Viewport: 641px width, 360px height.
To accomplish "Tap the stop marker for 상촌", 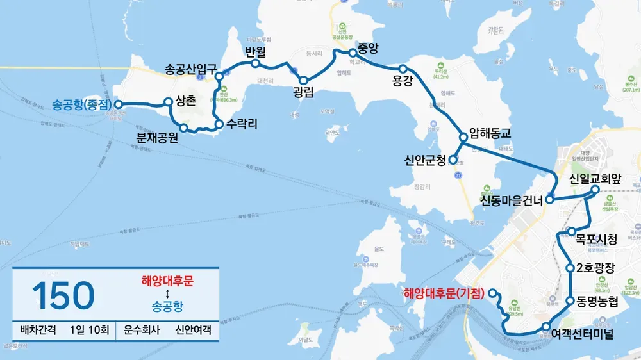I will tap(169, 101).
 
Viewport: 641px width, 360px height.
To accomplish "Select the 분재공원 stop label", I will tap(157, 137).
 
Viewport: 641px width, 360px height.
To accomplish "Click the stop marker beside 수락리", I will tap(219, 124).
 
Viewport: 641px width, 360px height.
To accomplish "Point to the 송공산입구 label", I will tap(192, 69).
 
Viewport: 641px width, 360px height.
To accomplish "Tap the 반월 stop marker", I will tap(255, 63).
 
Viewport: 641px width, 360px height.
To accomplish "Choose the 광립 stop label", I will tap(304, 92).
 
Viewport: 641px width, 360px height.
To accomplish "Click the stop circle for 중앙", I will tap(352, 53).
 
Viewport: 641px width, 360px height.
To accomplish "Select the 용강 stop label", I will tap(401, 81).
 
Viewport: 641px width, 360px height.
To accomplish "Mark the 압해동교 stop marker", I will tap(463, 136).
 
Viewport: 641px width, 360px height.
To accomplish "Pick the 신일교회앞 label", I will tap(595, 176).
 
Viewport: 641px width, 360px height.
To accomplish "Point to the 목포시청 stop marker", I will tap(570, 231).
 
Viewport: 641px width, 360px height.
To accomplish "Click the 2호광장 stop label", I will tap(596, 268).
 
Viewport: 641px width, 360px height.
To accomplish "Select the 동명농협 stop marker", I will tap(570, 300).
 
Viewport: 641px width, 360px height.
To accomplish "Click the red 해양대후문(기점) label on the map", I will tap(444, 293).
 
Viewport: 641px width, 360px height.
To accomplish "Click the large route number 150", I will tap(63, 296).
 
